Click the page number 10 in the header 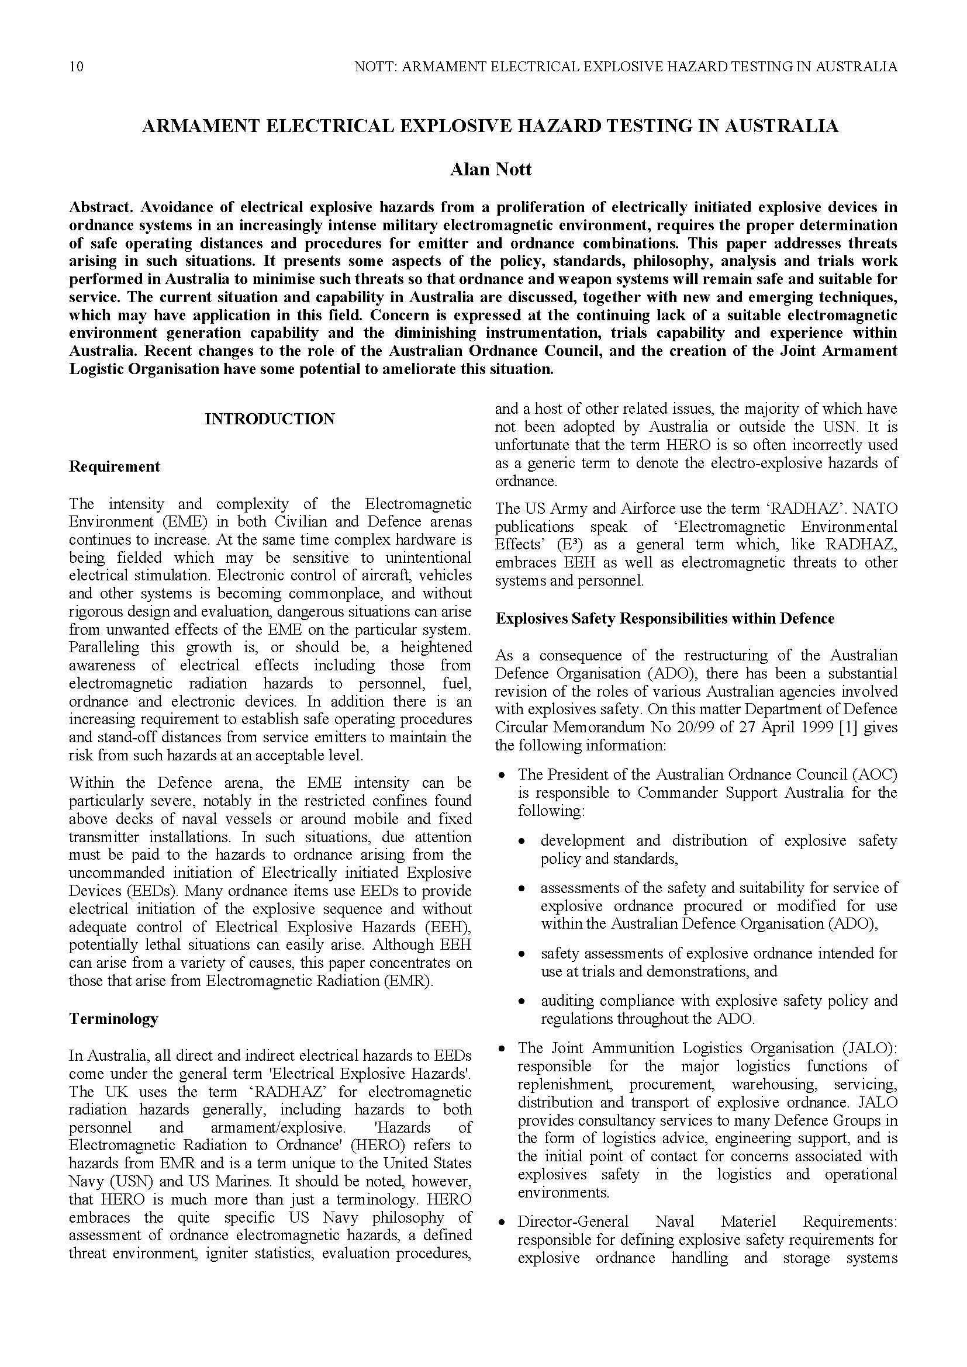tap(76, 66)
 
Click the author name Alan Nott tap(490, 169)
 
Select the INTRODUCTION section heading tap(270, 419)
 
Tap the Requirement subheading tap(115, 466)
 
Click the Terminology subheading tap(113, 1019)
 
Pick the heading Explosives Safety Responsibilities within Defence tap(665, 618)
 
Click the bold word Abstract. tap(100, 207)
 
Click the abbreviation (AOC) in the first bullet tap(874, 774)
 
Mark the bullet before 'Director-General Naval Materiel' tap(503, 1222)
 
